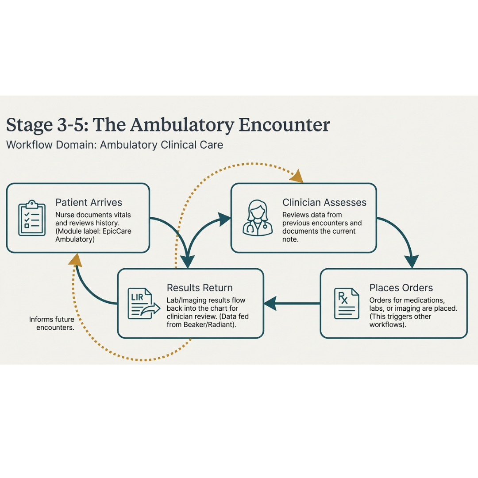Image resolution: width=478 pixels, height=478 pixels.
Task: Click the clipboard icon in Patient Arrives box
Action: point(32,218)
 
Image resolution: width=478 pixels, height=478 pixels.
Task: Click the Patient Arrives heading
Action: point(89,202)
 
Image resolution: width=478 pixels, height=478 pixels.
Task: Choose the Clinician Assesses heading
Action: point(324,202)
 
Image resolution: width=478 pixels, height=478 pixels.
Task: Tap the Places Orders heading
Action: point(401,288)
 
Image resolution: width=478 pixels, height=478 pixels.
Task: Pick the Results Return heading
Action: point(200,288)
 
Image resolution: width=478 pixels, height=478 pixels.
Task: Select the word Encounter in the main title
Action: point(284,125)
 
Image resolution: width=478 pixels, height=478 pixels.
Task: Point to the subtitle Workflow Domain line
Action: point(115,145)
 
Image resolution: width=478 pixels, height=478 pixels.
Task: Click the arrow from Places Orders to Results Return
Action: point(292,303)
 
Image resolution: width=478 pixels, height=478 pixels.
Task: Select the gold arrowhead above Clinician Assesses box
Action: point(297,177)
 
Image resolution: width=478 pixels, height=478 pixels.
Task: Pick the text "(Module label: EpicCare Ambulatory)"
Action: point(93,235)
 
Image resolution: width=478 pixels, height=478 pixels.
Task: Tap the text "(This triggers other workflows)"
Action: point(400,320)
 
